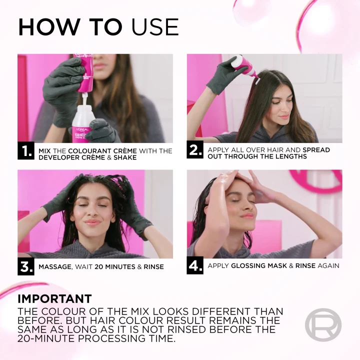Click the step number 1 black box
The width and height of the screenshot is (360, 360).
pyautogui.click(x=26, y=151)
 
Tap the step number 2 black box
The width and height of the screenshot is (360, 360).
pyautogui.click(x=195, y=150)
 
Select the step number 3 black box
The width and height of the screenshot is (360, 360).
pyautogui.click(x=26, y=266)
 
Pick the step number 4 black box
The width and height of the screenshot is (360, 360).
pyautogui.click(x=195, y=266)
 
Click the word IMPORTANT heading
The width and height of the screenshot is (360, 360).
pyautogui.click(x=54, y=299)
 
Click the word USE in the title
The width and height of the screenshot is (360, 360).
pyautogui.click(x=155, y=27)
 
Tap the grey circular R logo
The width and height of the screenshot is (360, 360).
pyautogui.click(x=323, y=325)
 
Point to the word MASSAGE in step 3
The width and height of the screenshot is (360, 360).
pyautogui.click(x=55, y=267)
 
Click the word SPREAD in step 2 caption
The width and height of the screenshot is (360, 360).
pyautogui.click(x=316, y=150)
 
